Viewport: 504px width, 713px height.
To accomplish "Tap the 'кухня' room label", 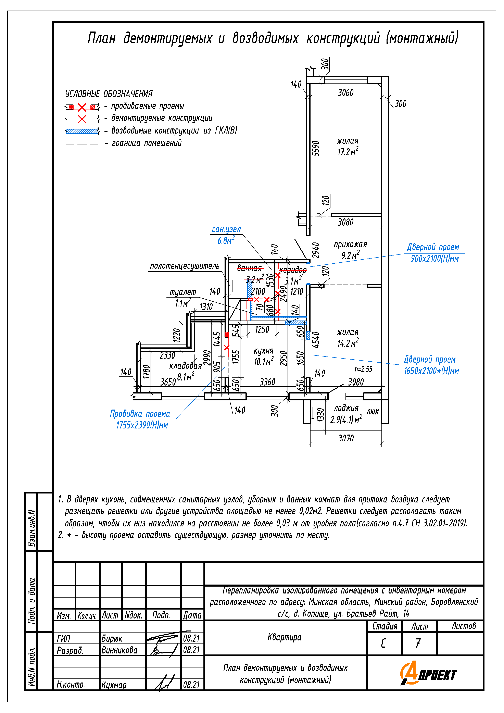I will (263, 351).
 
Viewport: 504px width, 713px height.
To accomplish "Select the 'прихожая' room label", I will (350, 245).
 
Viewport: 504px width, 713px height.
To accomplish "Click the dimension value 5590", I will (315, 148).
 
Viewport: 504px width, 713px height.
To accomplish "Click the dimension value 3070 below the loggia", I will (346, 438).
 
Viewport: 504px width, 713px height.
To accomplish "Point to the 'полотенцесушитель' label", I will (185, 266).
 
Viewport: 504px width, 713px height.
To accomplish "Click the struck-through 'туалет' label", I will (183, 292).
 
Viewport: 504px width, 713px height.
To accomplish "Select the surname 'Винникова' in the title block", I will (119, 650).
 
